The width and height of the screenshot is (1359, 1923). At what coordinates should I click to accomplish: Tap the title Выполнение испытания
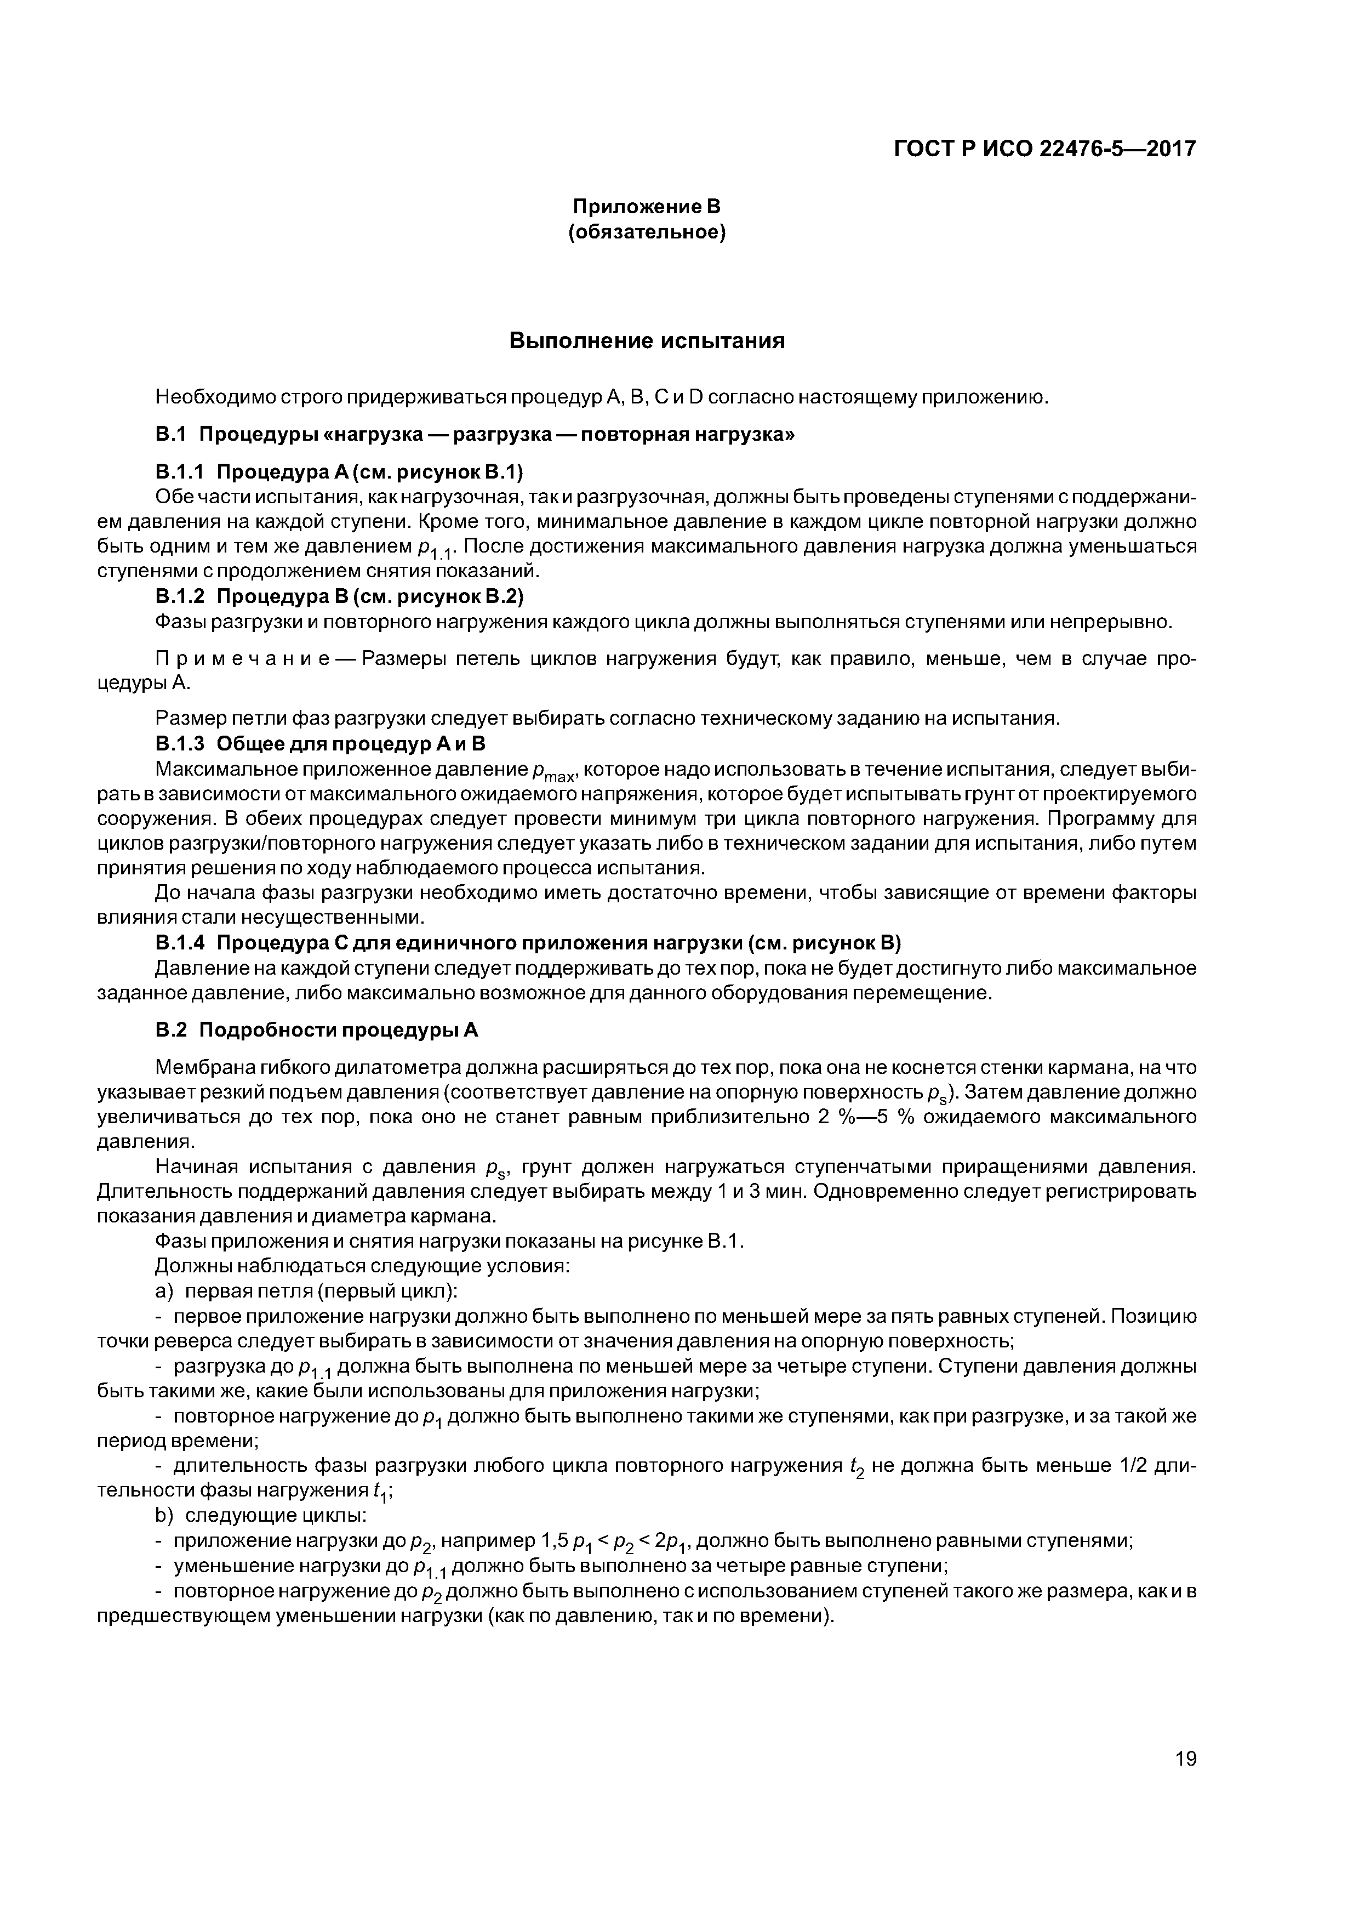(647, 341)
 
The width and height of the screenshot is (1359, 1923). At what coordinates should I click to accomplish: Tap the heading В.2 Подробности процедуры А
(317, 1030)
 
